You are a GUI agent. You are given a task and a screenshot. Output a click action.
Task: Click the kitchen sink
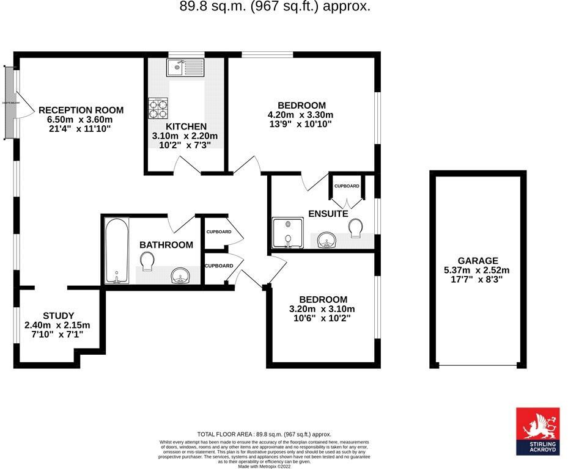coord(186,67)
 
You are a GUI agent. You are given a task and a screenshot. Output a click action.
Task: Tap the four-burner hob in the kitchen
coord(158,108)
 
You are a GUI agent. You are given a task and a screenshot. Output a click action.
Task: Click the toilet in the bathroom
coord(147,263)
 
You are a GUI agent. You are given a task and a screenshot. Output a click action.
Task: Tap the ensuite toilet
coord(357,228)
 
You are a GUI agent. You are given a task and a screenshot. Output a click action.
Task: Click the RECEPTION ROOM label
coord(81,110)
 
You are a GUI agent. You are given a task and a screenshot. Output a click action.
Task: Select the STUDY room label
coord(58,316)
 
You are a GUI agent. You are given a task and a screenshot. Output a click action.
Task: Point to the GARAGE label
coord(478,260)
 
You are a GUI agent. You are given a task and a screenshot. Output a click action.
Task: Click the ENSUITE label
coord(328,214)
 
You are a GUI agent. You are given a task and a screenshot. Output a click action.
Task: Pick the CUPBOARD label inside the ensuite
coord(347,186)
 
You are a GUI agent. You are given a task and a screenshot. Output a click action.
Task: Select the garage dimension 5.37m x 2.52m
coord(478,270)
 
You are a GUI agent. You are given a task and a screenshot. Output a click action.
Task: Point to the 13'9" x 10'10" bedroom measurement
coord(300,124)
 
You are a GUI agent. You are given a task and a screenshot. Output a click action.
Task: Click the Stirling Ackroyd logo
coord(537,431)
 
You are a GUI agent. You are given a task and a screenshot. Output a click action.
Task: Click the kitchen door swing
coord(186,165)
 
